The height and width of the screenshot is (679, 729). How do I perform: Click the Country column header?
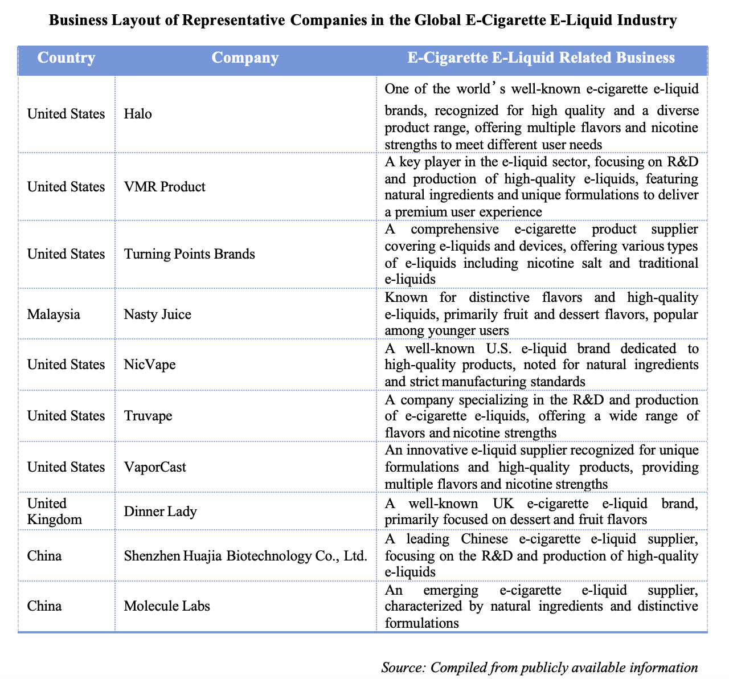click(x=66, y=58)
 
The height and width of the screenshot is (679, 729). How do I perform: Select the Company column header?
click(x=245, y=58)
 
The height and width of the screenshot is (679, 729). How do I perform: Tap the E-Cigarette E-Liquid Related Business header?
click(x=541, y=58)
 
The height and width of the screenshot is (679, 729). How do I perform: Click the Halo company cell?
click(x=138, y=114)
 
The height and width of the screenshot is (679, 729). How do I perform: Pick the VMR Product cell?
click(x=165, y=187)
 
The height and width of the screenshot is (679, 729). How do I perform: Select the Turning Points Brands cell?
click(x=189, y=254)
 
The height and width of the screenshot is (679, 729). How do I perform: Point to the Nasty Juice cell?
click(x=157, y=314)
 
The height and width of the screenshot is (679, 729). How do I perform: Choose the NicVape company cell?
click(x=149, y=365)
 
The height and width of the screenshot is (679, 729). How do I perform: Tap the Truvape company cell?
click(x=148, y=416)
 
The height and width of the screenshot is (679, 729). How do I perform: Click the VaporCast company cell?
click(x=155, y=467)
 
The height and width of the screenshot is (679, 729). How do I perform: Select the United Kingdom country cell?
click(x=55, y=511)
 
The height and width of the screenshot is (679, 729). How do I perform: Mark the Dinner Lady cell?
click(x=160, y=511)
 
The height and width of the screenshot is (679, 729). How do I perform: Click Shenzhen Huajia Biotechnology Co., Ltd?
click(x=245, y=555)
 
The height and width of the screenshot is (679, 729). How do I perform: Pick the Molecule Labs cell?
click(x=167, y=606)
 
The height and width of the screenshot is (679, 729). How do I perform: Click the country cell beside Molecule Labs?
click(x=44, y=606)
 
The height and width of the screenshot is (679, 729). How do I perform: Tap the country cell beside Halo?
click(x=66, y=114)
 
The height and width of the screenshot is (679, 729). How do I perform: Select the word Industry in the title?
click(x=646, y=21)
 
